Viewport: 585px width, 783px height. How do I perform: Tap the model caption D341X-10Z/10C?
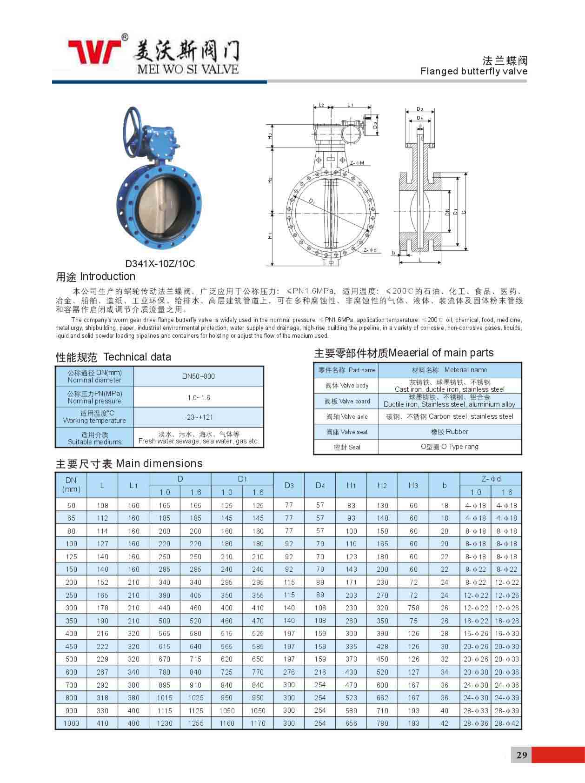pyautogui.click(x=160, y=264)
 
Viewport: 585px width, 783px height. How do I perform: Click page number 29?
pyautogui.click(x=521, y=755)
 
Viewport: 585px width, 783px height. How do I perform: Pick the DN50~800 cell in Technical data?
pyautogui.click(x=199, y=376)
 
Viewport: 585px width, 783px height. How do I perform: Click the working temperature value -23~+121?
pyautogui.click(x=199, y=417)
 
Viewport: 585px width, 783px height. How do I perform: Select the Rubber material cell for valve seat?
pyautogui.click(x=449, y=432)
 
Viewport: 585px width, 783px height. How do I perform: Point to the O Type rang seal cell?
pyautogui.click(x=449, y=447)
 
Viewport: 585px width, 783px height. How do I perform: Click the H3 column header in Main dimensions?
pyautogui.click(x=413, y=485)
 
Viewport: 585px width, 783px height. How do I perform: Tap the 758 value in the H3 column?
pyautogui.click(x=413, y=608)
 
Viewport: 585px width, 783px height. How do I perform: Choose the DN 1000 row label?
pyautogui.click(x=71, y=723)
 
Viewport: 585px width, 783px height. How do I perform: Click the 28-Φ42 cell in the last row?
pyautogui.click(x=506, y=723)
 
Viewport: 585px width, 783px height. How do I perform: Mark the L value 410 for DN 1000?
pyautogui.click(x=102, y=723)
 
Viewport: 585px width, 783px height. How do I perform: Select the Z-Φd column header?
pyautogui.click(x=491, y=479)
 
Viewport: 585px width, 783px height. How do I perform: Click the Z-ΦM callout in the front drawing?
pyautogui.click(x=357, y=163)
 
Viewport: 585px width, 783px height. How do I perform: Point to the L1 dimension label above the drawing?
pyautogui.click(x=350, y=105)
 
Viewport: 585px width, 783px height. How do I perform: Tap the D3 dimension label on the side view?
pyautogui.click(x=420, y=109)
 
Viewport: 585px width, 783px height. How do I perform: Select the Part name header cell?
pyautogui.click(x=346, y=370)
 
